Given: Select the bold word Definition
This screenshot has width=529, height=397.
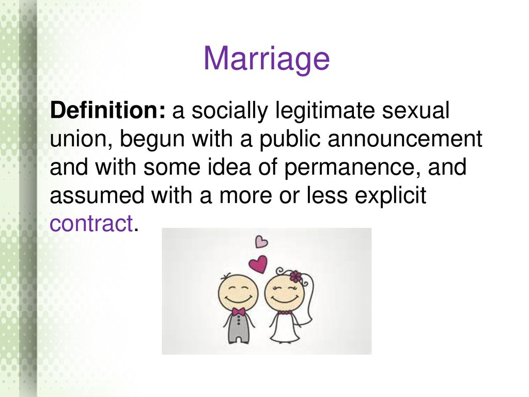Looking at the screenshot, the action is click(x=107, y=110).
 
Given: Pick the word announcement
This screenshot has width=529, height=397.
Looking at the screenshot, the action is click(x=405, y=139).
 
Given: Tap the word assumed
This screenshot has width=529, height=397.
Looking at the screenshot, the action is click(x=97, y=195).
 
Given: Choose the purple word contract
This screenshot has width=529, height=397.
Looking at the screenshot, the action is click(x=91, y=223).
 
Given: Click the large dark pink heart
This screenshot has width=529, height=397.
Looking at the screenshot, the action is click(x=258, y=263).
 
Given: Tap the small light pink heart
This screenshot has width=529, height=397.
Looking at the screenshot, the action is click(x=261, y=241).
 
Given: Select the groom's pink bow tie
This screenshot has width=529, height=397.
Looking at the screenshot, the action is click(x=238, y=311).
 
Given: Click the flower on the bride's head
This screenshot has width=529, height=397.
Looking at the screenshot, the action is click(x=295, y=276).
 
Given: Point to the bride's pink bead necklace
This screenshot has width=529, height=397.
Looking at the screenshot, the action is click(x=284, y=313).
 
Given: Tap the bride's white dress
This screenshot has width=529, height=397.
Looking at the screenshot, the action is click(x=285, y=327).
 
